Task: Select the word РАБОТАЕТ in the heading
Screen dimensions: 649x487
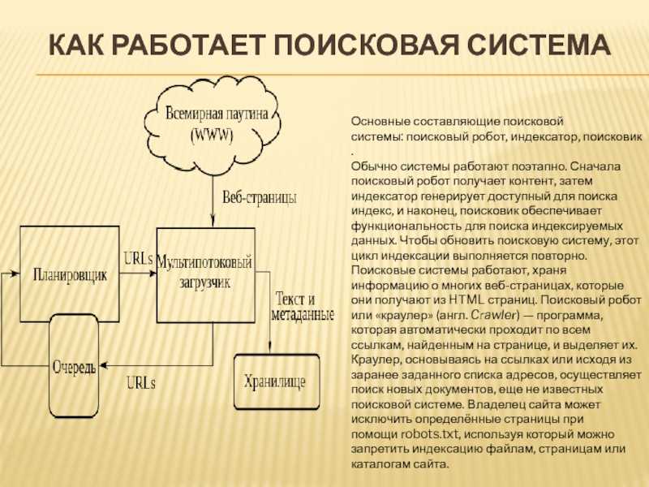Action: [187, 45]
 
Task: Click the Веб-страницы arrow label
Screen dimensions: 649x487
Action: [260, 197]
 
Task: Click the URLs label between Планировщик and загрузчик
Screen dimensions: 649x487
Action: [138, 259]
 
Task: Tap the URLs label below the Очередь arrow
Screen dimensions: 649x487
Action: [140, 382]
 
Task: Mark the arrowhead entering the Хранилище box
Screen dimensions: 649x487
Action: [270, 347]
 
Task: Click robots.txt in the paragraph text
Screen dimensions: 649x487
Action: [430, 434]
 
